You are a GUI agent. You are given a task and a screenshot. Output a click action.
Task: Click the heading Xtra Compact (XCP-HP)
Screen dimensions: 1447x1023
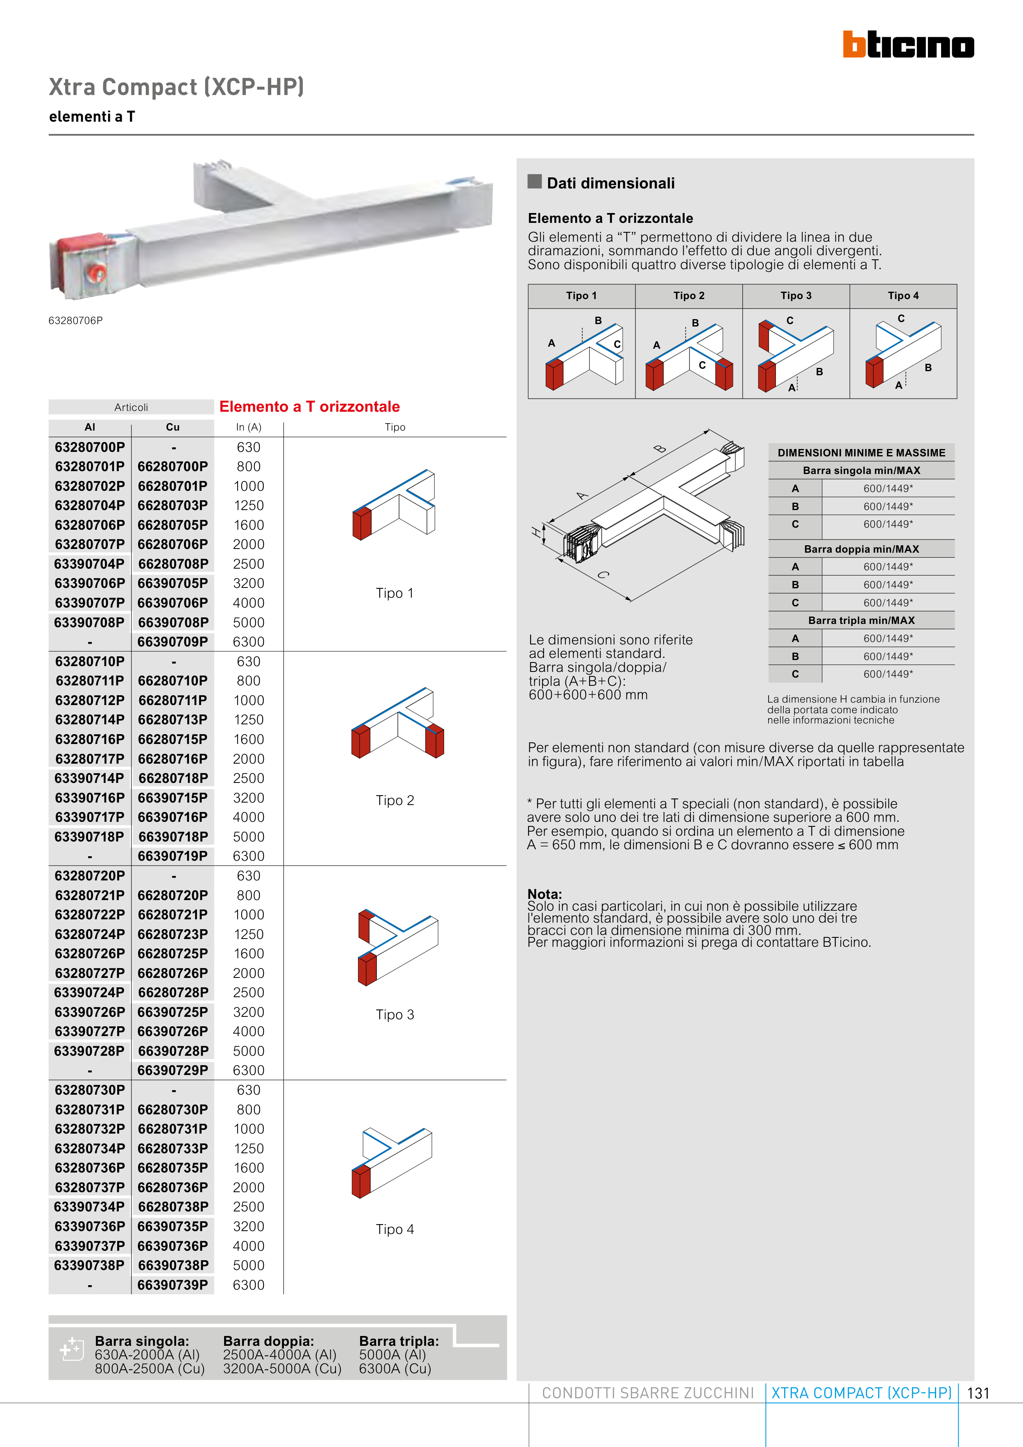tap(177, 87)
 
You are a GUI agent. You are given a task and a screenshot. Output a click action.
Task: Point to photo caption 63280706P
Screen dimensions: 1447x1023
tap(76, 321)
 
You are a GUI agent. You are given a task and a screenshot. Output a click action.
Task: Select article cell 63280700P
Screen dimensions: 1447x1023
tap(89, 447)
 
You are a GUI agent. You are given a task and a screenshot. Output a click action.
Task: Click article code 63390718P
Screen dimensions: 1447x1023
tap(89, 837)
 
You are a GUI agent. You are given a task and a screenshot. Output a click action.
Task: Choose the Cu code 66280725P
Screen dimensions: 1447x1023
tap(173, 953)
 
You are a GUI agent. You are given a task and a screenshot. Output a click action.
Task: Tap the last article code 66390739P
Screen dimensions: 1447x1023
tap(173, 1285)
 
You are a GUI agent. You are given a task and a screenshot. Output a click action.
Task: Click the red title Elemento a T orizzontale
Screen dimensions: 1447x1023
tap(309, 406)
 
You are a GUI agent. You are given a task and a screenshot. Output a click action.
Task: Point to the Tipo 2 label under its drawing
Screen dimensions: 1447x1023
tap(395, 801)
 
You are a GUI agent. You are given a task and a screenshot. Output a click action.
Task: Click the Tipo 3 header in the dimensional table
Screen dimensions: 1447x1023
tap(796, 295)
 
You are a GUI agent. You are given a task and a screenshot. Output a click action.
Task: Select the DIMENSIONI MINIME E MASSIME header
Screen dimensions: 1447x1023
tap(861, 453)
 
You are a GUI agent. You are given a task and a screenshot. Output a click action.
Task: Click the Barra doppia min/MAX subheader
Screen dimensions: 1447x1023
tap(861, 549)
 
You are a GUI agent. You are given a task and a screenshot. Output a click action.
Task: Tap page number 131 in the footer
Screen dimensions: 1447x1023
tap(978, 1393)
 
